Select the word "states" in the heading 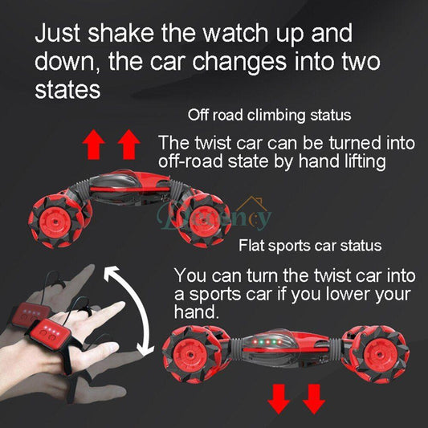coord(67,89)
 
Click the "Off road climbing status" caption coord(269,115)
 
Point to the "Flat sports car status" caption coord(309,245)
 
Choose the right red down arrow coord(312,397)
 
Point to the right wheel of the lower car coord(377,353)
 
